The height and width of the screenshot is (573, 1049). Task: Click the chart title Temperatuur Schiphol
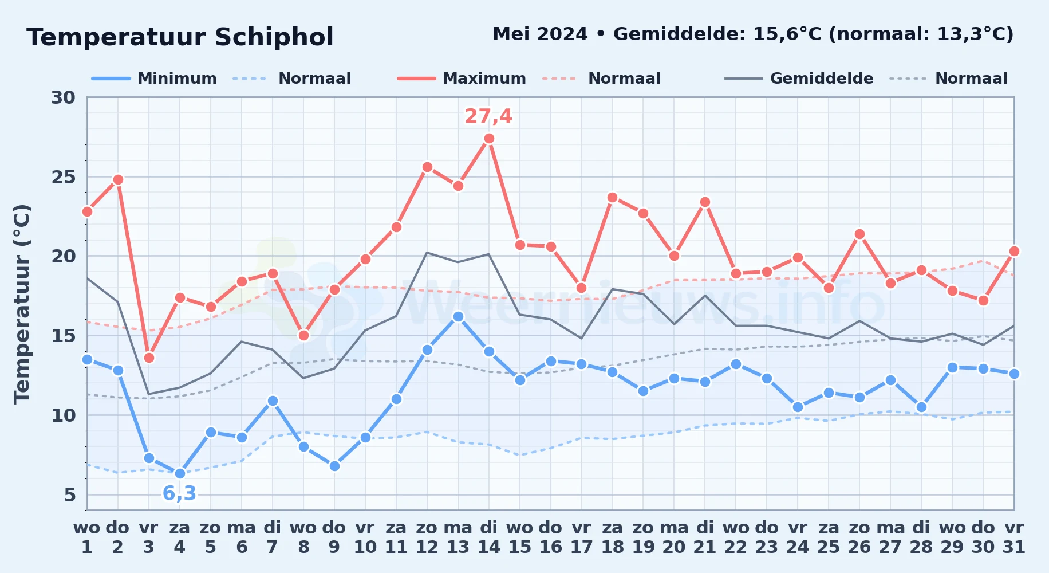pyautogui.click(x=180, y=37)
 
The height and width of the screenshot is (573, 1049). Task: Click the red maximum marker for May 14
pyautogui.click(x=489, y=138)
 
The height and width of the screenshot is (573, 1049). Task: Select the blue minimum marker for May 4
pyautogui.click(x=180, y=473)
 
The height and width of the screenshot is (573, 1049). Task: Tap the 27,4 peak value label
pyautogui.click(x=488, y=116)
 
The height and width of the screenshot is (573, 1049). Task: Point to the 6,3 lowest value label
pyautogui.click(x=179, y=493)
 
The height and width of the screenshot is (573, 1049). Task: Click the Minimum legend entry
pyautogui.click(x=155, y=79)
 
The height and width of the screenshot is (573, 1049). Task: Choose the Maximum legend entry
pyautogui.click(x=462, y=79)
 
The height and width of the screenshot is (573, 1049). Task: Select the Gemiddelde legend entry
pyautogui.click(x=799, y=79)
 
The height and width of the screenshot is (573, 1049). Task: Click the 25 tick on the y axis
pyautogui.click(x=64, y=177)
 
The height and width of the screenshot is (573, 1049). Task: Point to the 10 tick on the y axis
pyautogui.click(x=64, y=415)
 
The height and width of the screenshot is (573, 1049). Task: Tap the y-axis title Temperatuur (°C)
pyautogui.click(x=22, y=304)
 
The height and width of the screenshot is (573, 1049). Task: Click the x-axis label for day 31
pyautogui.click(x=1014, y=537)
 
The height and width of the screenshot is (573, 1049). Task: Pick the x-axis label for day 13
pyautogui.click(x=458, y=537)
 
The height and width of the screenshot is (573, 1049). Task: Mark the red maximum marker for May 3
pyautogui.click(x=149, y=358)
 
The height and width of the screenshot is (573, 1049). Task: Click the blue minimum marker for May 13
pyautogui.click(x=458, y=316)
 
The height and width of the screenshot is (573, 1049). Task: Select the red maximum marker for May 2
pyautogui.click(x=118, y=179)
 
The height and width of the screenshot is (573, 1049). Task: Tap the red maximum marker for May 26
pyautogui.click(x=859, y=234)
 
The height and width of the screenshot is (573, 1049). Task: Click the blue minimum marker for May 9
pyautogui.click(x=334, y=466)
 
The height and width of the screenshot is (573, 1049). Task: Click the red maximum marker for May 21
pyautogui.click(x=705, y=202)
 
